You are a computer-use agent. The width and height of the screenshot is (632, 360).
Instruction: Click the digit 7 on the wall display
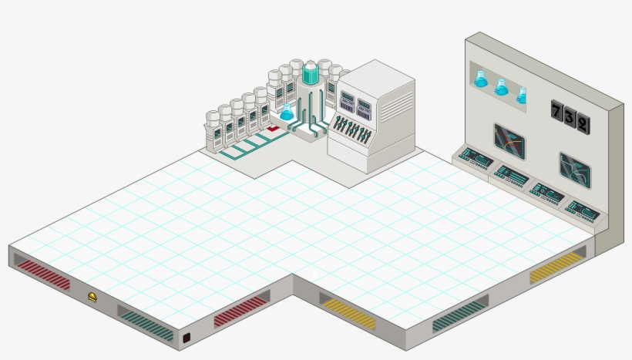(556, 110)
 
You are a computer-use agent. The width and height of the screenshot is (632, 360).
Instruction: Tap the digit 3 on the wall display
(570, 117)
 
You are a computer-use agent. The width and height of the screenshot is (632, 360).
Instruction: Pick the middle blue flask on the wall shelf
(501, 87)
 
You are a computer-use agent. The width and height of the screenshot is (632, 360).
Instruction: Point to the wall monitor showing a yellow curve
(510, 142)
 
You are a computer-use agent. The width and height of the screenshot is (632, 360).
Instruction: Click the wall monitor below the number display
(575, 170)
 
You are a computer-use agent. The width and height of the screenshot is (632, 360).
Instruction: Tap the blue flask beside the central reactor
(287, 113)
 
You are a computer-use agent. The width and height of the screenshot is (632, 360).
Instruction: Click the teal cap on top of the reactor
(311, 73)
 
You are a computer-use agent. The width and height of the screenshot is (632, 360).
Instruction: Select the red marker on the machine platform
(273, 128)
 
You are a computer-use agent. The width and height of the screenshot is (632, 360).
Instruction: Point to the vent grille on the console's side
(397, 107)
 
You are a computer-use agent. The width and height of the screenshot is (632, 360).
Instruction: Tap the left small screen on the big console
(348, 102)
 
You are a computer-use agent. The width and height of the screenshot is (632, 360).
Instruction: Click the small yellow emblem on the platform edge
(92, 297)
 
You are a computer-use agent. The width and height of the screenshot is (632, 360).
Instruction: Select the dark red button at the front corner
(187, 338)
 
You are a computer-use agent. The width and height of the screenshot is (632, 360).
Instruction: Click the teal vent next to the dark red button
(146, 323)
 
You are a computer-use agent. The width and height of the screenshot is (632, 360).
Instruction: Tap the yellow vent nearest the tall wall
(557, 266)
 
